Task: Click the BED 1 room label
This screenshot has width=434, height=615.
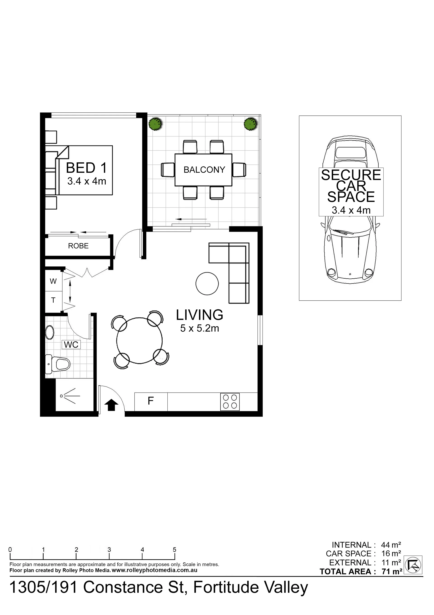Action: (x=86, y=168)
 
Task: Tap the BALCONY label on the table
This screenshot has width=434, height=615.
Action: (x=204, y=170)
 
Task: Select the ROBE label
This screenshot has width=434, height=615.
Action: (x=78, y=246)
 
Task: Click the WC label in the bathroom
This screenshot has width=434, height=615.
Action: (x=71, y=345)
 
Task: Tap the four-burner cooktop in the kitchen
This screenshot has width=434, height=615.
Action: (x=230, y=402)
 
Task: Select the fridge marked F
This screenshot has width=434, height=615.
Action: (x=151, y=402)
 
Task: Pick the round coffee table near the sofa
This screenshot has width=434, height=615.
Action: (x=207, y=284)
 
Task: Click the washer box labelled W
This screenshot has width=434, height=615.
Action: (x=53, y=281)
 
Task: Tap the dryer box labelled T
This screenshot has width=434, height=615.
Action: (x=53, y=301)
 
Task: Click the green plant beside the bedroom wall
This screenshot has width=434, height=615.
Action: (x=156, y=124)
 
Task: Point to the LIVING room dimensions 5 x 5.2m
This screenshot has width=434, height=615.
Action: (x=199, y=328)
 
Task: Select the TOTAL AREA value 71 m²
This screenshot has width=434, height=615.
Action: (x=392, y=571)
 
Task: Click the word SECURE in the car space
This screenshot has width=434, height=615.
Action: (x=351, y=175)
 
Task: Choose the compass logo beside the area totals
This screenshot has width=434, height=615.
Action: (x=413, y=565)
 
